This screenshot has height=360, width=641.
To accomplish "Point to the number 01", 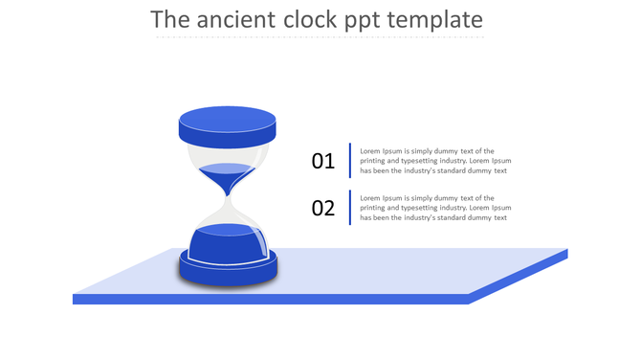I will pyautogui.click(x=323, y=161).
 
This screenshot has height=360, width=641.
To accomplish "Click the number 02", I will pyautogui.click(x=323, y=208).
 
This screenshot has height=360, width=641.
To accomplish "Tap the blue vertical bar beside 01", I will pyautogui.click(x=350, y=161).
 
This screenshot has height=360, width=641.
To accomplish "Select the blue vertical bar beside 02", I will pyautogui.click(x=350, y=208).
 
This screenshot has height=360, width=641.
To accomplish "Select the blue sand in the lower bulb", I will pyautogui.click(x=228, y=243).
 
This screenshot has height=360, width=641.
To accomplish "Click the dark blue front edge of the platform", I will pyautogui.click(x=268, y=299).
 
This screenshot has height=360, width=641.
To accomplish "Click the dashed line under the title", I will pyautogui.click(x=320, y=37).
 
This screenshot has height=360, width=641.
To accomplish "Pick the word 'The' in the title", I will pyautogui.click(x=172, y=20).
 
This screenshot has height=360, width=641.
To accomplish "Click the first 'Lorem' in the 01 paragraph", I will pyautogui.click(x=371, y=151).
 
